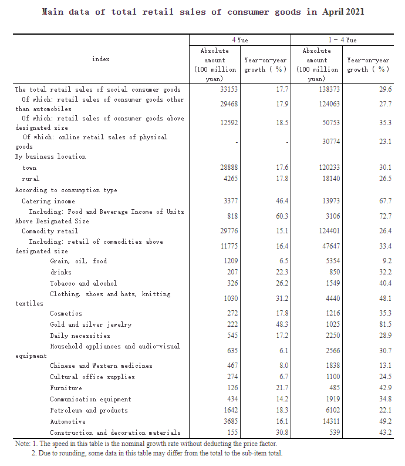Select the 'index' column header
[x=101, y=59]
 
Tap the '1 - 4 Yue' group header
[x=342, y=40]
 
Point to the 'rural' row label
[x=31, y=179]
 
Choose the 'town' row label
[x=29, y=167]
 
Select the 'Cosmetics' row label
[x=66, y=313]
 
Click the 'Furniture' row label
[x=65, y=388]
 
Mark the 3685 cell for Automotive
[x=228, y=421]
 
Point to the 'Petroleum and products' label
[x=89, y=410]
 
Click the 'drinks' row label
[x=60, y=272]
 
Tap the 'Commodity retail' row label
[x=50, y=231]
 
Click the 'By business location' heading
[x=50, y=157]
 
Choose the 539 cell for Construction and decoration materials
[x=332, y=433]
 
